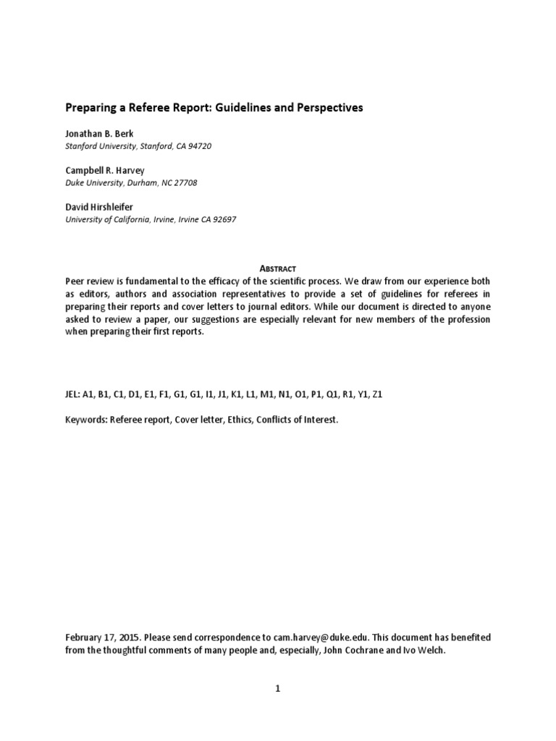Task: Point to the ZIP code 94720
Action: click(199, 146)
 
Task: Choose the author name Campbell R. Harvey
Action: click(105, 171)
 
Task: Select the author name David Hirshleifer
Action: click(99, 208)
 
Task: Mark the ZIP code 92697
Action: click(222, 220)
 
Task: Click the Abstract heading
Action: click(277, 268)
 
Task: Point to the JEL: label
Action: click(72, 394)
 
